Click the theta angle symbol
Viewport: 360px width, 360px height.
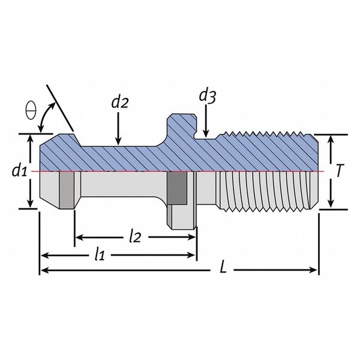coord(31,110)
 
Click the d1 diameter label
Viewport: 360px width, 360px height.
coord(19,170)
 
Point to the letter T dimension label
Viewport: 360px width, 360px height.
coord(340,171)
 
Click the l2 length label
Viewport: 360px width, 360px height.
coord(135,237)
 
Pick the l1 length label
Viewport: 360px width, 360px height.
coord(100,254)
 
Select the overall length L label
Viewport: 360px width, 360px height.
coord(223,267)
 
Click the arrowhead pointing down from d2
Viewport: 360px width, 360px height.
coord(118,141)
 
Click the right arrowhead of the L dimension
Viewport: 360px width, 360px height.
coord(313,270)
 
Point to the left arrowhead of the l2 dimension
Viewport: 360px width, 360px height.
coord(79,238)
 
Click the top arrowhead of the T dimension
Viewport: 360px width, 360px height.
coord(331,140)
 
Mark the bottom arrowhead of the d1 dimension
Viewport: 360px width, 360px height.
coord(31,203)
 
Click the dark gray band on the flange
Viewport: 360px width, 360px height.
coord(177,188)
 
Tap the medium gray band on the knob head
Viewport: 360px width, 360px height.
coord(67,190)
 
